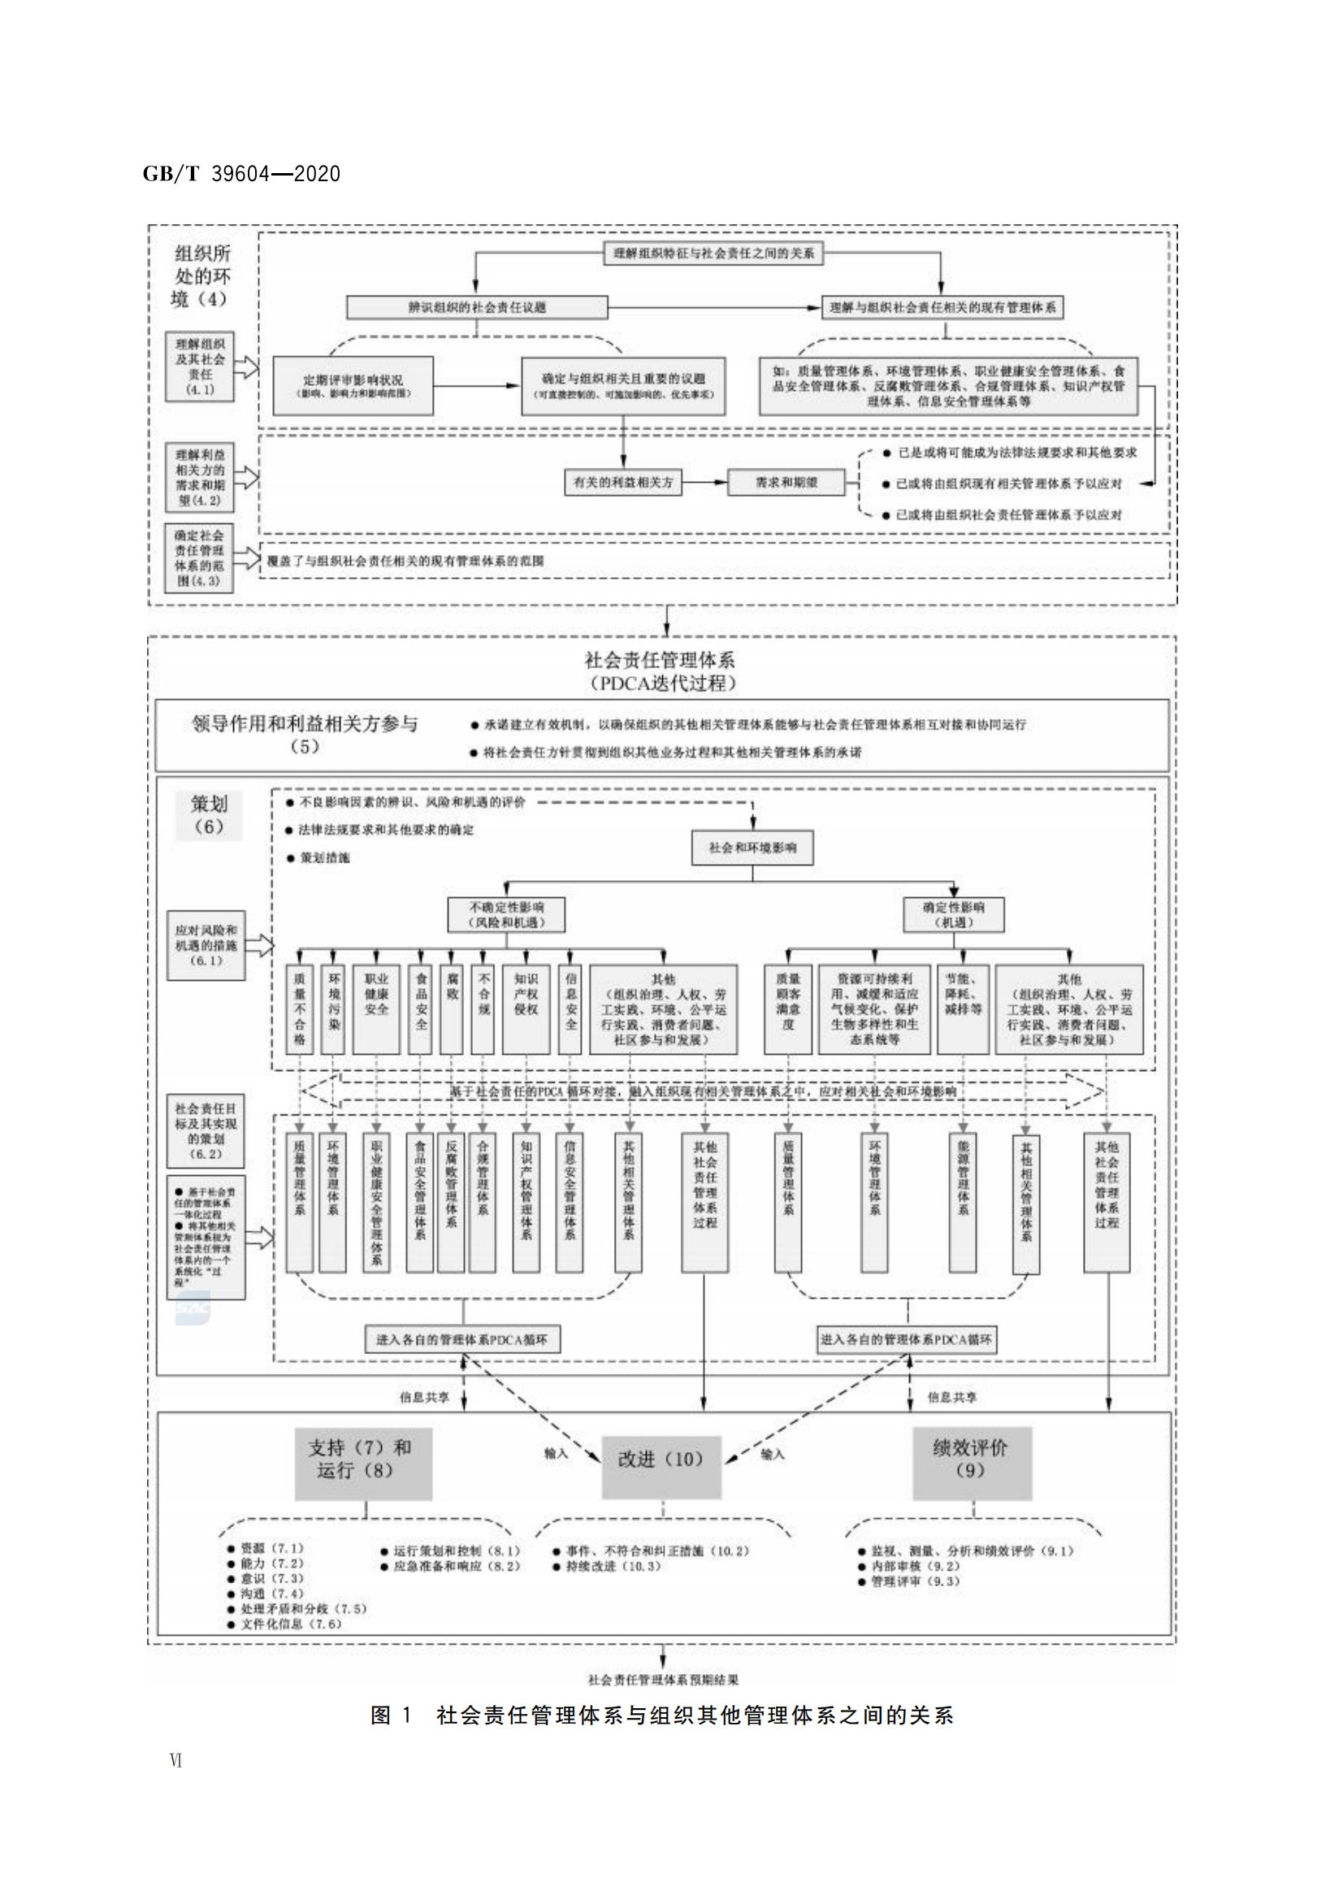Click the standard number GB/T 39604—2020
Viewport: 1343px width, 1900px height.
click(x=240, y=174)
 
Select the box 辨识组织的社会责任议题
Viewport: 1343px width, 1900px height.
click(x=477, y=307)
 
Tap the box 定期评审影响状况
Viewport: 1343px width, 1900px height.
click(x=353, y=385)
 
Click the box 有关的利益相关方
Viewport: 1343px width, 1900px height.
click(x=623, y=483)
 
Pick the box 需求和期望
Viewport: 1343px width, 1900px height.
click(x=786, y=483)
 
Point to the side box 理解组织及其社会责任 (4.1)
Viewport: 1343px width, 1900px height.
click(x=199, y=367)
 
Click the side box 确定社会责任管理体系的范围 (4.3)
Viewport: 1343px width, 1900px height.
click(x=198, y=558)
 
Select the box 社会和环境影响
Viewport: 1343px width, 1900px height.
click(x=752, y=848)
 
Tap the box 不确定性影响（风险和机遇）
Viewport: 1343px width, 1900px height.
click(x=506, y=914)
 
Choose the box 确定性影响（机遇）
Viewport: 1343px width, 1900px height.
click(x=953, y=914)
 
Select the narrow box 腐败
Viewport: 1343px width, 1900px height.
click(x=452, y=1009)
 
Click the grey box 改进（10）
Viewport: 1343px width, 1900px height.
click(x=661, y=1459)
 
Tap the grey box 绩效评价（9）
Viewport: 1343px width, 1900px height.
click(x=972, y=1459)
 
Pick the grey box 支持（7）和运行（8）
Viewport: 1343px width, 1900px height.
click(x=362, y=1459)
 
